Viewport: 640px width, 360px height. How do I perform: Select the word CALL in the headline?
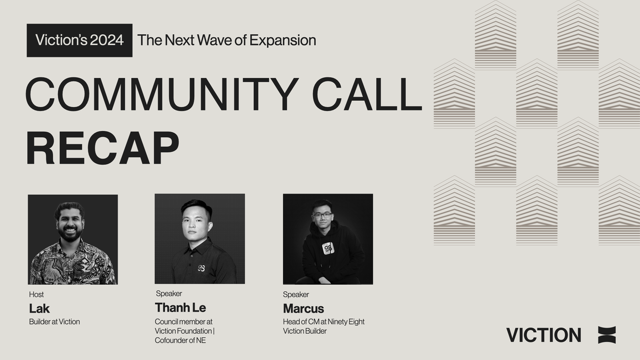[367, 94]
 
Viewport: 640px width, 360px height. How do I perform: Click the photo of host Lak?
[73, 239]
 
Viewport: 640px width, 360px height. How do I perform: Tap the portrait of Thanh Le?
[199, 238]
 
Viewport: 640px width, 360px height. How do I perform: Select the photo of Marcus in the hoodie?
[327, 238]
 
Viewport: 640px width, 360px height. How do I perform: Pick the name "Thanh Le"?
[180, 308]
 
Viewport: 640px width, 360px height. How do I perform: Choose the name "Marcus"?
[303, 309]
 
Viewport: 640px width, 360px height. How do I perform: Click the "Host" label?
[36, 294]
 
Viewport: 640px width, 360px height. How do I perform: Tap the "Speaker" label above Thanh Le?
[169, 293]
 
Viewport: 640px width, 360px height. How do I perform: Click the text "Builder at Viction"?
[54, 322]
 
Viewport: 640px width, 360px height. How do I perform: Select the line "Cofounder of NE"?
[180, 341]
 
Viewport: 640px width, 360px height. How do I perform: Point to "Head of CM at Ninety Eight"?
[324, 322]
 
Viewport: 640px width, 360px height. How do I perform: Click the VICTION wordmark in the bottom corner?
[543, 335]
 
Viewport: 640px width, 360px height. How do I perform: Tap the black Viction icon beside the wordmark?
[607, 335]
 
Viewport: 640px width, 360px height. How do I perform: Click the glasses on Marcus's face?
[323, 215]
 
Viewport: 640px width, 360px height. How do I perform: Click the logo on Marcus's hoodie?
[328, 248]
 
